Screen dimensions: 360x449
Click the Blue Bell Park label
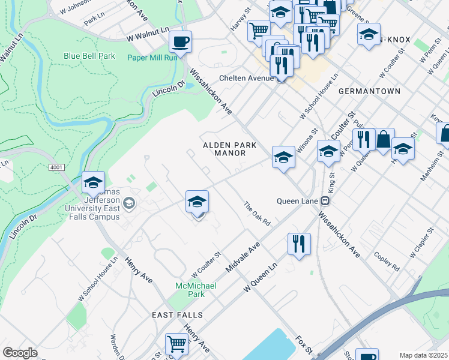tap(89, 56)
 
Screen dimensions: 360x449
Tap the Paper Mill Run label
tap(151, 58)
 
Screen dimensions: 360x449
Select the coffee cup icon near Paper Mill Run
tap(180, 43)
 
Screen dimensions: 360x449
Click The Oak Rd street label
tap(257, 214)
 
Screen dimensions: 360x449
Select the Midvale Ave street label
tap(243, 257)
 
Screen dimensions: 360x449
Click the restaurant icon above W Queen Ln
tap(299, 244)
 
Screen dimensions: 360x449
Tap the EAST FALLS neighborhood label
tap(177, 315)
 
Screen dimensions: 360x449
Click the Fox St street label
tap(304, 344)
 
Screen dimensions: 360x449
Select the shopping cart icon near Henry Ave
tap(176, 344)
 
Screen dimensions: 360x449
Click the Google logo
tap(20, 352)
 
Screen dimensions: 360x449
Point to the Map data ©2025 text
tap(423, 355)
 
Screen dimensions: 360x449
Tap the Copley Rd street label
tap(387, 262)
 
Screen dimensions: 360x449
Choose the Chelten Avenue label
tap(246, 78)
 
